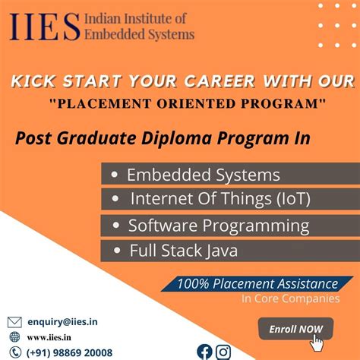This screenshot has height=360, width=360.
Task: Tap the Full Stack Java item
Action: click(x=184, y=250)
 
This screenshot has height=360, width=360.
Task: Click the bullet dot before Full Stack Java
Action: click(x=118, y=250)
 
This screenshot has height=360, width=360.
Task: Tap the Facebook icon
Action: click(x=204, y=351)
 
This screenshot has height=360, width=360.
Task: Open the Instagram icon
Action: click(x=223, y=351)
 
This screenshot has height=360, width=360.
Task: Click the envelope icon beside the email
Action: click(x=14, y=322)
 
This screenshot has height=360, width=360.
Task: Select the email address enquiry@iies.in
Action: click(x=64, y=322)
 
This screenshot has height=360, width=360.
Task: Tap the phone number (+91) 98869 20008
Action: click(x=69, y=352)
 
